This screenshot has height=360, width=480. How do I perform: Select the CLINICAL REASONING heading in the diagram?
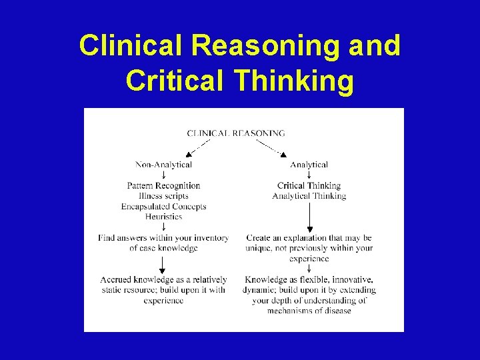(x=236, y=133)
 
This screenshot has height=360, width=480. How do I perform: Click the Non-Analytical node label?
(x=163, y=165)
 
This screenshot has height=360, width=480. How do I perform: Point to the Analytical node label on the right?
(x=309, y=165)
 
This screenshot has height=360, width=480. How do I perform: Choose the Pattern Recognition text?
(x=163, y=185)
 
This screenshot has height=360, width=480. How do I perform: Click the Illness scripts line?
(x=163, y=196)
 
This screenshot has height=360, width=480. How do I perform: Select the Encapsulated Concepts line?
(x=163, y=207)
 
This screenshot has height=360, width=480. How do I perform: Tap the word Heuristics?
(x=163, y=217)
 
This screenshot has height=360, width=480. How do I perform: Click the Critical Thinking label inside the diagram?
(x=309, y=185)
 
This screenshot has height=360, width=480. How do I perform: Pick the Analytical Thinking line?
(x=309, y=196)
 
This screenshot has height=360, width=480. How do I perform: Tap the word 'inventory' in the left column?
(x=211, y=238)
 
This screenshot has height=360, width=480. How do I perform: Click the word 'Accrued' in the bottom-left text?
(x=115, y=280)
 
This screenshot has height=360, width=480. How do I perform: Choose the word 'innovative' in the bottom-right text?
(x=352, y=280)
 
